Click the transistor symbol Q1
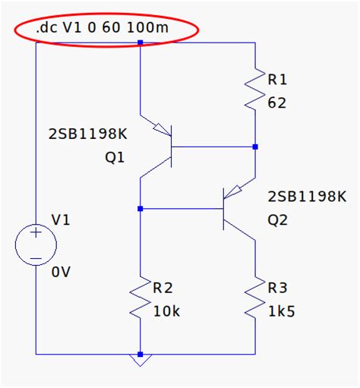[160, 145]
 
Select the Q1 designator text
[115, 158]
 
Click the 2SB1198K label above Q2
[306, 197]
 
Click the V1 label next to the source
[61, 220]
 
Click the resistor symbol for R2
[141, 299]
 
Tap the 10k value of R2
[167, 311]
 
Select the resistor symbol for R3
[256, 299]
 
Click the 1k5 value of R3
[282, 311]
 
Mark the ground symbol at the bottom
[141, 359]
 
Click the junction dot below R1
[256, 147]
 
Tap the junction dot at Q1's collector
[141, 208]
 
